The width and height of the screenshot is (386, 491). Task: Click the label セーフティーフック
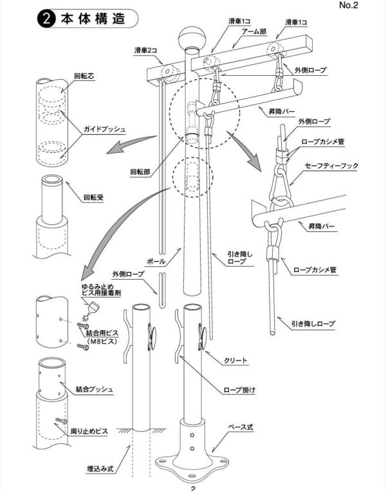click(x=328, y=166)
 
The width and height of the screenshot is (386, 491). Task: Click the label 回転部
click(x=140, y=172)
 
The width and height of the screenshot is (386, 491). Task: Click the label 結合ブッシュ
click(x=94, y=389)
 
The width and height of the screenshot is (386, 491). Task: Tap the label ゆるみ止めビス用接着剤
click(x=100, y=289)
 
